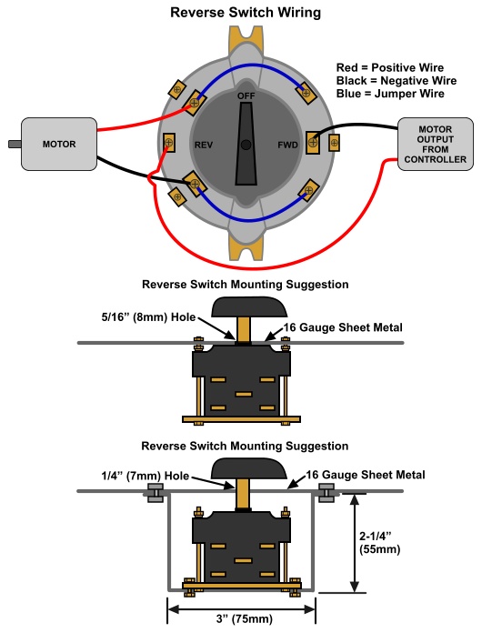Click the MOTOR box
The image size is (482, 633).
59,144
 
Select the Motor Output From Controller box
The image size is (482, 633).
436,144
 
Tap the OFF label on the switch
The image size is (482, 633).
246,96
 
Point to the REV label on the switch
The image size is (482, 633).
204,145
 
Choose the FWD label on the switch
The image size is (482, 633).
287,145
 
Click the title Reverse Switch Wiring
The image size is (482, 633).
246,12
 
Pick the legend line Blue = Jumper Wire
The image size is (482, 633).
390,94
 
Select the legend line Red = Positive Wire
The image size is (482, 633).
389,67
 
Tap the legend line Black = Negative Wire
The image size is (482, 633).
396,81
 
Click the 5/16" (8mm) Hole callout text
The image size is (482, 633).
148,317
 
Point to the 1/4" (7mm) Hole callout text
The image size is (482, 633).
146,476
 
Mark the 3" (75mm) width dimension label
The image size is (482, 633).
245,618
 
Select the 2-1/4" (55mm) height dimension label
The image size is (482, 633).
379,543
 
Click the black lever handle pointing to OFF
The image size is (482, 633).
246,144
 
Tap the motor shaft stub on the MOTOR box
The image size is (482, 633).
15,144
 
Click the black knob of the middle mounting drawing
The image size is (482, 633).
249,306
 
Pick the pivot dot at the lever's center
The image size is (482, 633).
246,145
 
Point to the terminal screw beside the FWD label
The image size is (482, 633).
313,143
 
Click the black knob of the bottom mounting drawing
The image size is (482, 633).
249,468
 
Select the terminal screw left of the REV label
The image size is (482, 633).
169,143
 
